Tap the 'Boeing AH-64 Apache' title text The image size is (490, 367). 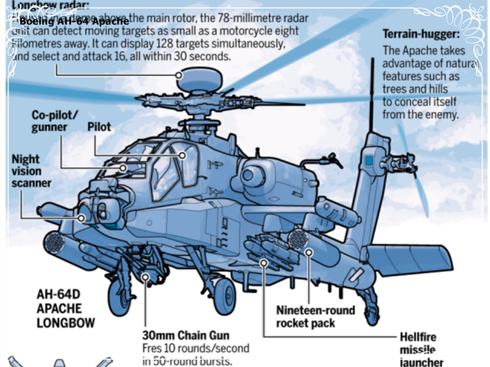(x=73, y=21)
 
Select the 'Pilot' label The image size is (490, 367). (x=99, y=126)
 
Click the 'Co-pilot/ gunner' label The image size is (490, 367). (x=55, y=121)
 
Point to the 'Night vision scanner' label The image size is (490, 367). (x=31, y=171)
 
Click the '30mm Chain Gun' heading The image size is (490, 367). (x=186, y=335)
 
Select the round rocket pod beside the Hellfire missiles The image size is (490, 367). (x=299, y=239)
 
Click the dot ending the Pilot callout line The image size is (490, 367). (x=182, y=155)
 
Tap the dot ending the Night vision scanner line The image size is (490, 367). (x=80, y=218)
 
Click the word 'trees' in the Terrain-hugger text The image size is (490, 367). (x=396, y=89)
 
